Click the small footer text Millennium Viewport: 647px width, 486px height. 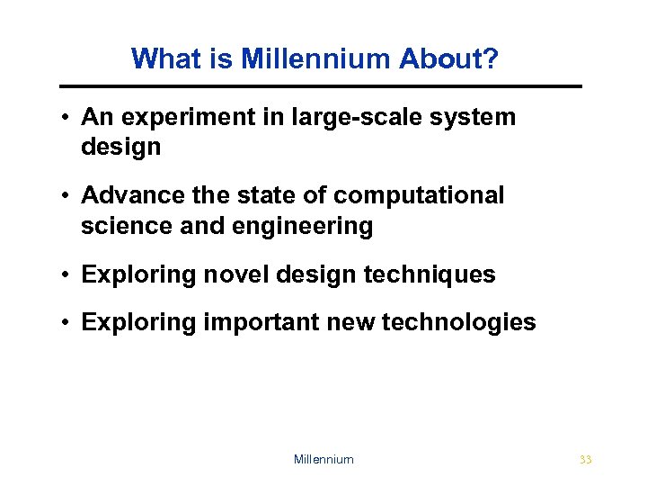coord(323,460)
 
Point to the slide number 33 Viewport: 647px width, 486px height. coord(586,460)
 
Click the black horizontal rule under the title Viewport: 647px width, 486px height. coord(321,86)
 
